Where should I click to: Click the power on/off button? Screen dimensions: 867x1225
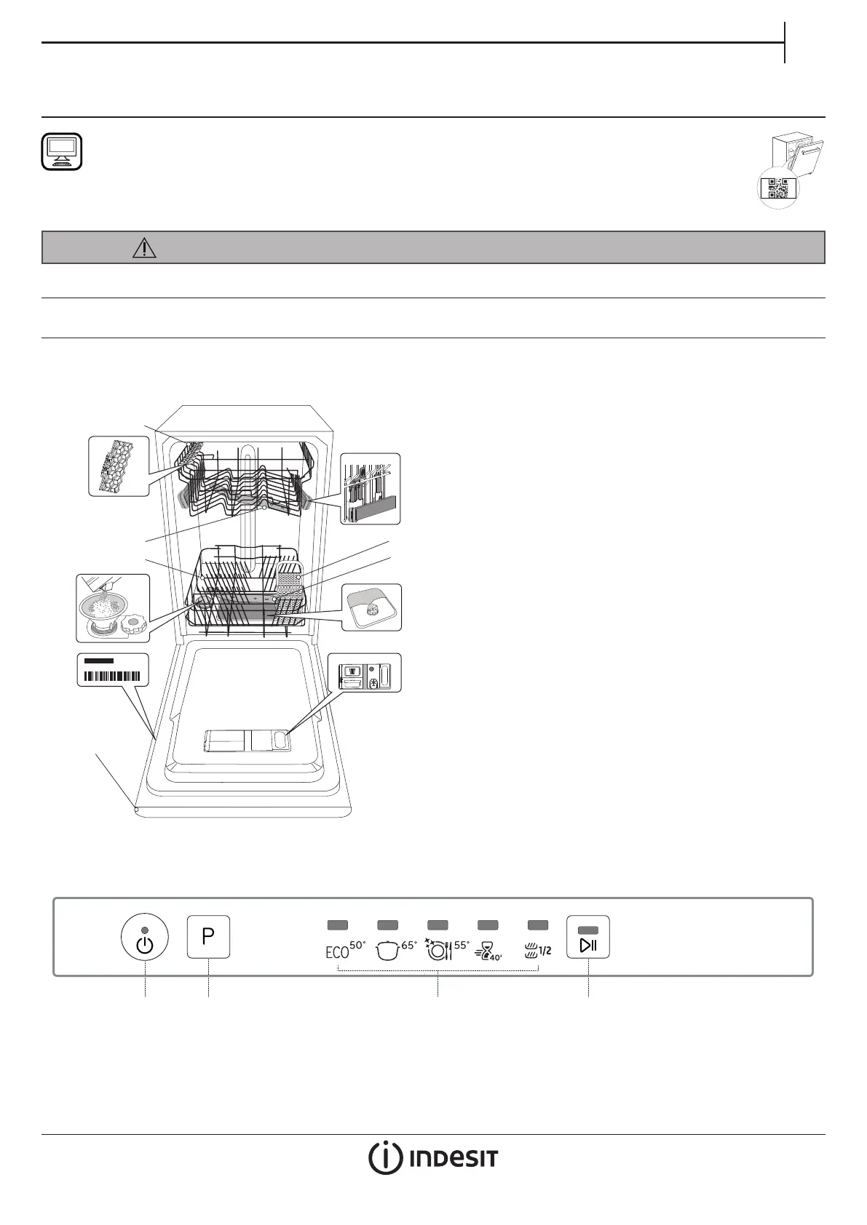[144, 937]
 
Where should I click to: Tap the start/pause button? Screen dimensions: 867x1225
[588, 937]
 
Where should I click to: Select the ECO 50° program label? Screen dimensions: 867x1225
[345, 950]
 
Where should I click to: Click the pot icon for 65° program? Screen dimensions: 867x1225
[387, 951]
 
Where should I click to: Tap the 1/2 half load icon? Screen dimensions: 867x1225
[537, 950]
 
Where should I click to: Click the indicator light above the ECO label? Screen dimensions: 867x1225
[338, 925]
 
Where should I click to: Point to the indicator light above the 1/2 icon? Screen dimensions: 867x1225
[537, 925]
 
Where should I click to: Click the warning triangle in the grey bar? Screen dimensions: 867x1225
[144, 247]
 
